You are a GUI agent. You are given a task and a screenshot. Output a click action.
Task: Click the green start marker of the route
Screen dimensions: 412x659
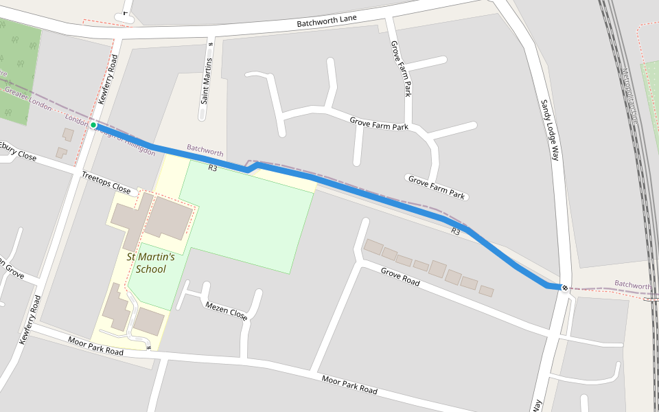pyautogui.click(x=93, y=125)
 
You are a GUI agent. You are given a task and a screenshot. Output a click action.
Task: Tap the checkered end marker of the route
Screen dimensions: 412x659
pyautogui.click(x=564, y=287)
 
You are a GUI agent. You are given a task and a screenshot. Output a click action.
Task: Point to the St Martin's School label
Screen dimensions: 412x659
pyautogui.click(x=151, y=263)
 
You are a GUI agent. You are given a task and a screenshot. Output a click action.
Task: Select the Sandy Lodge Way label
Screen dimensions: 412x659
pyautogui.click(x=550, y=130)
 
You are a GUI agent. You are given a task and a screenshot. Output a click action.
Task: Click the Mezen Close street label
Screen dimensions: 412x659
pyautogui.click(x=227, y=310)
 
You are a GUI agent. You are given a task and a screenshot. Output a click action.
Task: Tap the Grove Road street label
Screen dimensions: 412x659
pyautogui.click(x=400, y=277)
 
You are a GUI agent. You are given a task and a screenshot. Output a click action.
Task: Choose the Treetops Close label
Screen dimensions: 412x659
pyautogui.click(x=106, y=183)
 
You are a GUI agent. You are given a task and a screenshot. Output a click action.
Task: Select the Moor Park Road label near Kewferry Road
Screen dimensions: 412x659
pyautogui.click(x=95, y=346)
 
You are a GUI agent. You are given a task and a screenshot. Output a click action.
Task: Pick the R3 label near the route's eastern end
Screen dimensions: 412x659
pyautogui.click(x=456, y=231)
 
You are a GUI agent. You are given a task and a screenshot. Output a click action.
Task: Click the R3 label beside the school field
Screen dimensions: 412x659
pyautogui.click(x=213, y=167)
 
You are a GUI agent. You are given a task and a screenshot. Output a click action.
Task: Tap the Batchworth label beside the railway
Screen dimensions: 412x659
pyautogui.click(x=633, y=284)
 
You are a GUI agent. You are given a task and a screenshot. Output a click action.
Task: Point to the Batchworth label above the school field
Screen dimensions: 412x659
pyautogui.click(x=205, y=149)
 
